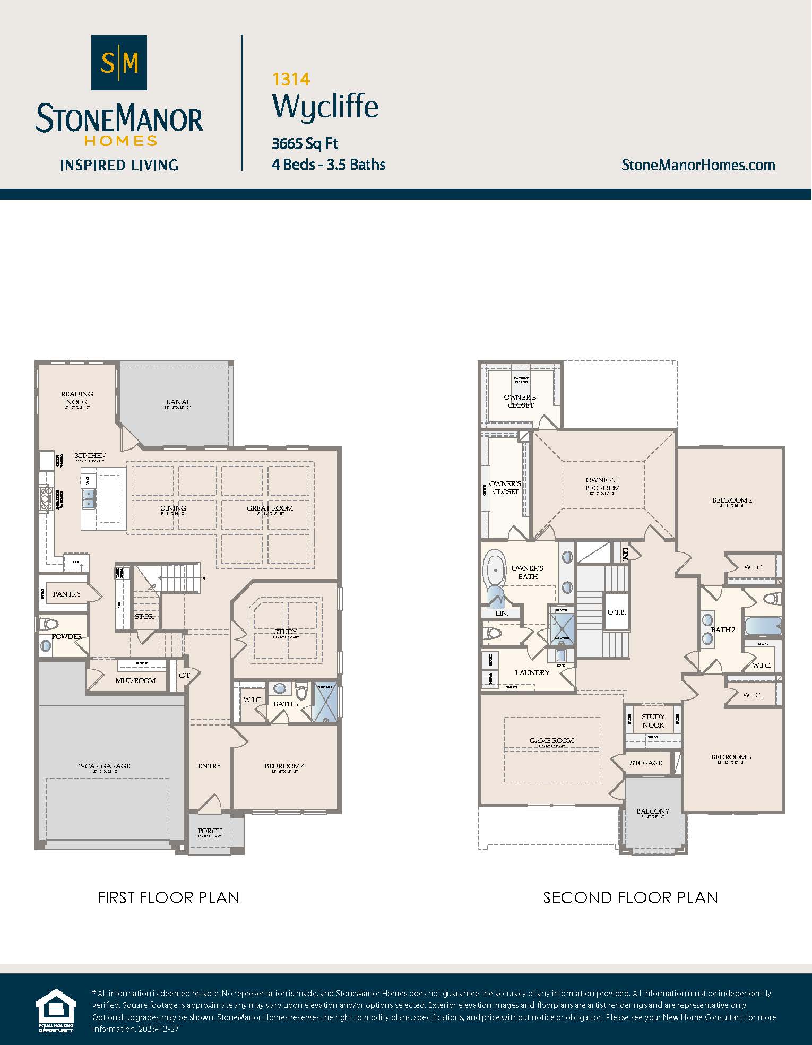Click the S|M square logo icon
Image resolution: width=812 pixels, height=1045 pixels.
[x=119, y=63]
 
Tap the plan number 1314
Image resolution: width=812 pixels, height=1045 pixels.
[x=291, y=79]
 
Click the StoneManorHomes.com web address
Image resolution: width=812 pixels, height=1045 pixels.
[x=698, y=165]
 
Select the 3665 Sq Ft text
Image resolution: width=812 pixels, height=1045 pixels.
[x=305, y=143]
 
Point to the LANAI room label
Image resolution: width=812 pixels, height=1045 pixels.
[x=177, y=402]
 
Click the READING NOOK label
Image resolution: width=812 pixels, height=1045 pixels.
[x=77, y=398]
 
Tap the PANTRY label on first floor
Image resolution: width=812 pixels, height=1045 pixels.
[x=67, y=594]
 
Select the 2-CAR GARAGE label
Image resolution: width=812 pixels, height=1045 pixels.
[x=105, y=766]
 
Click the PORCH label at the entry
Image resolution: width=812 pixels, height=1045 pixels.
[x=210, y=831]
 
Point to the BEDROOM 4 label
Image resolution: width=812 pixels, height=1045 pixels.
[x=284, y=766]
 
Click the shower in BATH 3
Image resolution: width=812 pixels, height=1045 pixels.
[x=325, y=702]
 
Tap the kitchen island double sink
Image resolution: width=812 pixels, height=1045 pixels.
[x=88, y=499]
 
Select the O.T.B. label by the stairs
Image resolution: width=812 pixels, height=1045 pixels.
[x=616, y=612]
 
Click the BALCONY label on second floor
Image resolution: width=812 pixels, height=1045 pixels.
[x=652, y=811]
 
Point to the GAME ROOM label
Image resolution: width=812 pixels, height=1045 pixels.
[x=551, y=740]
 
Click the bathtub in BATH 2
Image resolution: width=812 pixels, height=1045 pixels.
[x=763, y=626]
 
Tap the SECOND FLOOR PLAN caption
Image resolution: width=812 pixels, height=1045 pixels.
[x=630, y=897]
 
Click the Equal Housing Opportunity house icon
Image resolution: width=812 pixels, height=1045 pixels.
[x=56, y=1009]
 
